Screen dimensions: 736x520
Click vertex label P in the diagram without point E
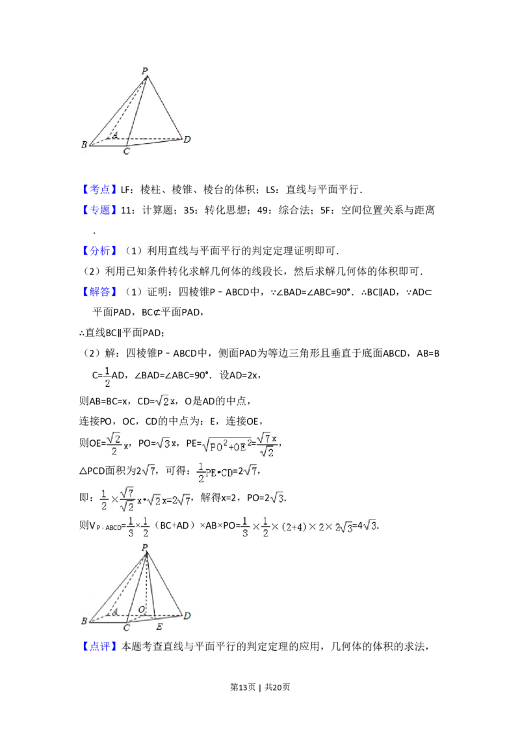[x=145, y=70]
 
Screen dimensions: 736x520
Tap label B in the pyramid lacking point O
[x=84, y=145]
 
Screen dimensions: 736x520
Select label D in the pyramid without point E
[x=187, y=139]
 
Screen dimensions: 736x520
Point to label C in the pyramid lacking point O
[x=126, y=151]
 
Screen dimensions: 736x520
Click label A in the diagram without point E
[x=115, y=135]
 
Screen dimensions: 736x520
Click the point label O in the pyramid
[x=142, y=610]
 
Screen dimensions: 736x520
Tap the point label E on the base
[x=159, y=627]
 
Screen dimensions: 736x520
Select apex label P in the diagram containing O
[x=145, y=547]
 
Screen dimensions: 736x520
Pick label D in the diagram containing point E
[x=187, y=616]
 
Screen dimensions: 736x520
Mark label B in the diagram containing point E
[x=84, y=621]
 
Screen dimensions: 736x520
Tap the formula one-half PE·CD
[x=214, y=471]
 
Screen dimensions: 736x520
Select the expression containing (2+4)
[x=296, y=527]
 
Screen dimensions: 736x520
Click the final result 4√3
[x=369, y=525]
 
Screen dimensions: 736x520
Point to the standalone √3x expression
[x=164, y=444]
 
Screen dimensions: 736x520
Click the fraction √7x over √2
[x=267, y=446]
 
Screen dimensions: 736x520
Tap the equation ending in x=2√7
[x=146, y=499]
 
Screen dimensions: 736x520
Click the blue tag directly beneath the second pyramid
[x=101, y=647]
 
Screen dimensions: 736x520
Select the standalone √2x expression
[x=164, y=401]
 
